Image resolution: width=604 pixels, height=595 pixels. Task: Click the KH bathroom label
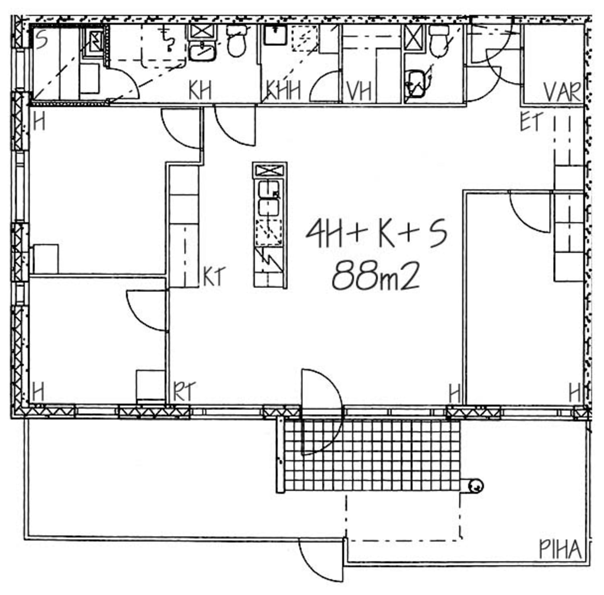point(200,91)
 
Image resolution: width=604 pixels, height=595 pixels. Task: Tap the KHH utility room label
point(283,91)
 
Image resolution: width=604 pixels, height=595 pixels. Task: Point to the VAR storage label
point(563,92)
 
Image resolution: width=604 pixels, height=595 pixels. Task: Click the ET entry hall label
point(532,121)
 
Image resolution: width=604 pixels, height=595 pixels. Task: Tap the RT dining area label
point(184,391)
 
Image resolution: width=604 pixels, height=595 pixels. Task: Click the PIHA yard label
point(560,550)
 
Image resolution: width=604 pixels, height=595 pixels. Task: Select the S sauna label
point(41,40)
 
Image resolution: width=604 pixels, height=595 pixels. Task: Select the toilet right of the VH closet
point(439,40)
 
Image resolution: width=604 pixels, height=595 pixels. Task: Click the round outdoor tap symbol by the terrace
point(476,486)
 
